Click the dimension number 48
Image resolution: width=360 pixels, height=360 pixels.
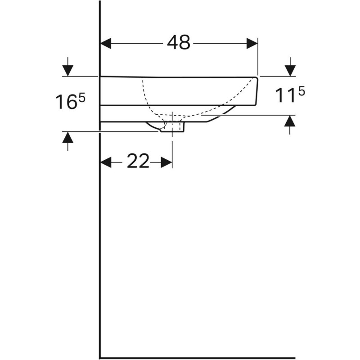click(179, 43)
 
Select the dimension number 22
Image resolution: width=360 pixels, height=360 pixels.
click(138, 162)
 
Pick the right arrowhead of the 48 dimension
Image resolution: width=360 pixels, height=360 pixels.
click(252, 43)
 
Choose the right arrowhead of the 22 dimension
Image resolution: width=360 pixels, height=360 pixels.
click(167, 162)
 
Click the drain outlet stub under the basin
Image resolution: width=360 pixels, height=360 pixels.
click(177, 127)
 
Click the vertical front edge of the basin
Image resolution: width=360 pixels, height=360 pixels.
click(257, 90)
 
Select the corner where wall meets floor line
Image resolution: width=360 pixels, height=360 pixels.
click(100, 358)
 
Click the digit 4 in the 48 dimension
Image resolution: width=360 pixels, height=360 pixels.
click(172, 43)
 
